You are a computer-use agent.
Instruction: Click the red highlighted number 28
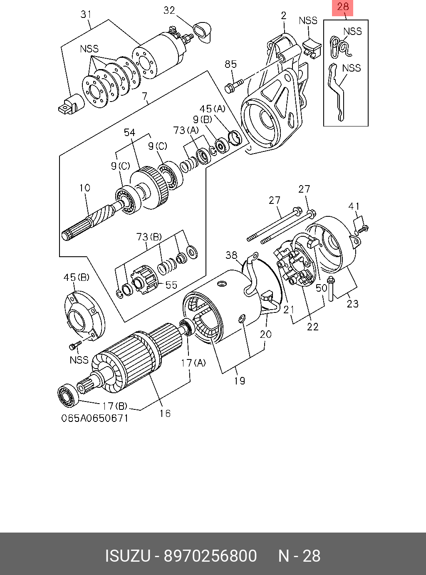342,7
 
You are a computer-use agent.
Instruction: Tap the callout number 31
86,15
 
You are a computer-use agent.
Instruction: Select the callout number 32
169,10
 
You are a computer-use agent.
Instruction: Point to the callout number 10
85,188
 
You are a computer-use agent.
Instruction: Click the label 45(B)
76,278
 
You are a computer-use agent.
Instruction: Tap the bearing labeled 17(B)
67,396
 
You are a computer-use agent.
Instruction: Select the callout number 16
165,413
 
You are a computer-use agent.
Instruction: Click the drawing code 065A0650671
95,418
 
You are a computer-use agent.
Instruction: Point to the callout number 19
240,380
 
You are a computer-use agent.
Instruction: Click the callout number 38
231,255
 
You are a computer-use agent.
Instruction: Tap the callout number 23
352,304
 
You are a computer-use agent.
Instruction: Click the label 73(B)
149,237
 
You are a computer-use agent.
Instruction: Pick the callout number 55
171,285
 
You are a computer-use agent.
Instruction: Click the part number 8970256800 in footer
210,556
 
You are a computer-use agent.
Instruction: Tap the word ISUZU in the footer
127,556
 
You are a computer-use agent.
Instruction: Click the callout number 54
129,132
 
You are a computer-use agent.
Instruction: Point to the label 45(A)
212,109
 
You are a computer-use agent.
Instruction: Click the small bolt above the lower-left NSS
74,345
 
